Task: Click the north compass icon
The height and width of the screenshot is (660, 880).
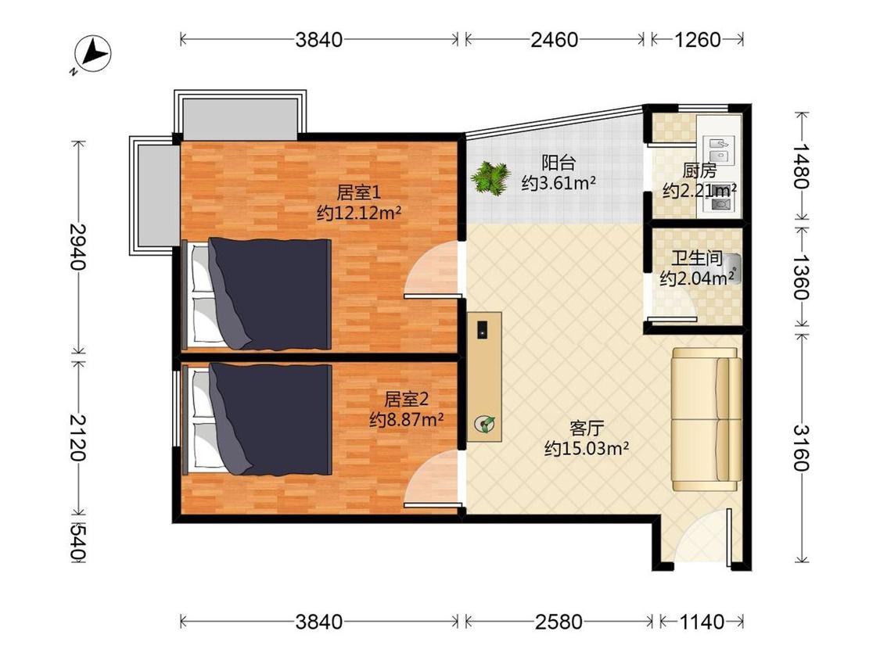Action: (92, 55)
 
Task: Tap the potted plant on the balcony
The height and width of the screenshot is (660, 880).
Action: (490, 178)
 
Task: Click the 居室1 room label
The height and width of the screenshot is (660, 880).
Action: (358, 192)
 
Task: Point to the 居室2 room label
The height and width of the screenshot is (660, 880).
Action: (406, 399)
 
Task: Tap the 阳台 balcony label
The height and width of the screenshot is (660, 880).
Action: (559, 163)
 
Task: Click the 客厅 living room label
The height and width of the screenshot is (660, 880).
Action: (587, 429)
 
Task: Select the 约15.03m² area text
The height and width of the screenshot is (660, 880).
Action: (587, 448)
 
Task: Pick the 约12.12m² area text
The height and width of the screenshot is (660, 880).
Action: (358, 213)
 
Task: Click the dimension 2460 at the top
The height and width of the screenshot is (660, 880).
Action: (555, 39)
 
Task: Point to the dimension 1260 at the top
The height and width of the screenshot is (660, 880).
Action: (697, 39)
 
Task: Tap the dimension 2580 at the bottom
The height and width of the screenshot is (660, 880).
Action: (559, 621)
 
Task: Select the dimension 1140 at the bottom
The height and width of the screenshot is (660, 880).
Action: (702, 621)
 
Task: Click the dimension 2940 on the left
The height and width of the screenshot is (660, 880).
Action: (78, 246)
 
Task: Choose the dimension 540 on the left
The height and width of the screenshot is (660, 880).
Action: (78, 542)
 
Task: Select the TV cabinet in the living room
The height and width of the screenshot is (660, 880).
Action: (484, 377)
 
